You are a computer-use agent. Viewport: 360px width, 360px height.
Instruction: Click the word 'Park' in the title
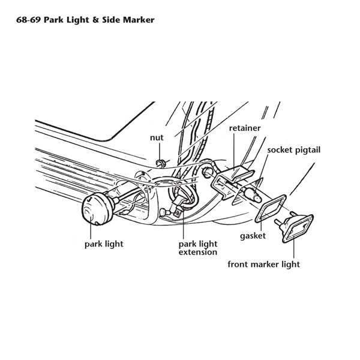(x=53, y=20)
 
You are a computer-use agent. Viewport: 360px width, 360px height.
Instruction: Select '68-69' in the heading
(x=28, y=20)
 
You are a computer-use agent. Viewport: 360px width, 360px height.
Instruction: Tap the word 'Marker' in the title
(x=139, y=20)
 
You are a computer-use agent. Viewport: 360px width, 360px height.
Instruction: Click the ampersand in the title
(x=95, y=20)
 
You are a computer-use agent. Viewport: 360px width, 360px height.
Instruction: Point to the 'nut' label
(x=157, y=138)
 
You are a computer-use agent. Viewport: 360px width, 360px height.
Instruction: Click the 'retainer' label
(x=245, y=128)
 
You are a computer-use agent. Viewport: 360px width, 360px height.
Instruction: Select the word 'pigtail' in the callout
(x=308, y=150)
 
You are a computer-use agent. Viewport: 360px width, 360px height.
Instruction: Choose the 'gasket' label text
(x=253, y=236)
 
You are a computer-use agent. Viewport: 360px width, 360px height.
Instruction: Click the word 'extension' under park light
(x=198, y=253)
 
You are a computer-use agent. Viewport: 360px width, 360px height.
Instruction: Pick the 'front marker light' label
(x=264, y=265)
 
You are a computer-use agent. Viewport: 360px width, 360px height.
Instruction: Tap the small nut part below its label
(x=160, y=163)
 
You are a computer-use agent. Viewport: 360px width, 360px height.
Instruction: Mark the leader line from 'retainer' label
(x=234, y=152)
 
